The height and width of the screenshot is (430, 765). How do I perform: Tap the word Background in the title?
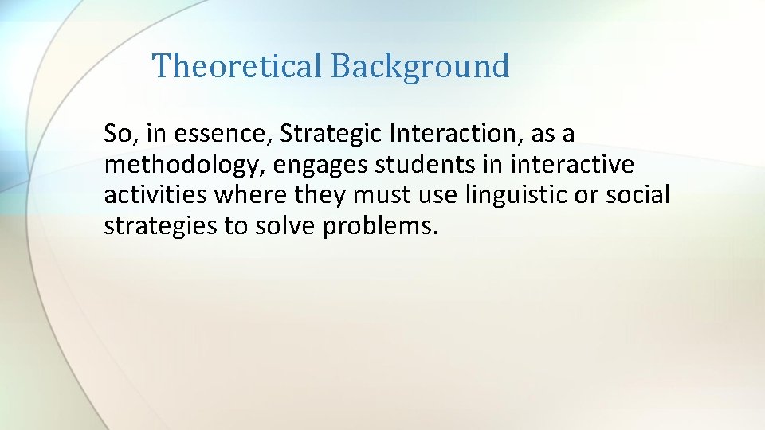point(420,65)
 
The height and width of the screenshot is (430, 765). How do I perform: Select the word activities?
point(155,195)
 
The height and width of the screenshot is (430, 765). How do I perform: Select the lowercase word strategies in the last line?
point(160,226)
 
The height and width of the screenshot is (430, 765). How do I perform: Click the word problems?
point(381,226)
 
